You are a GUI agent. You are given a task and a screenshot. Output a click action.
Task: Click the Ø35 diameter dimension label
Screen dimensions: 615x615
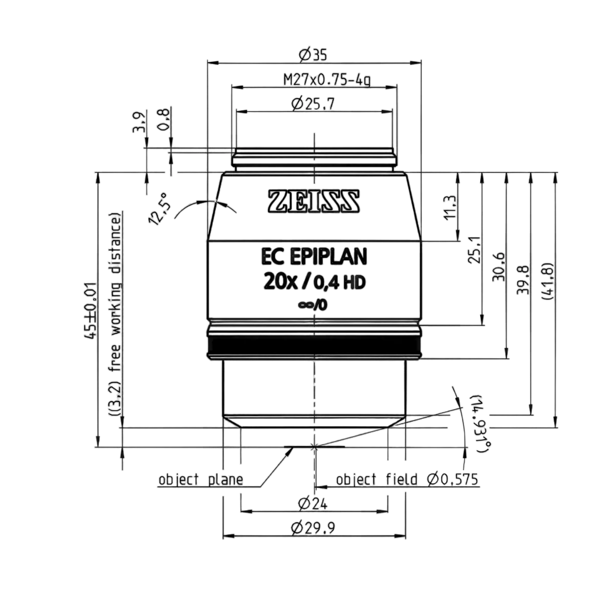(x=313, y=55)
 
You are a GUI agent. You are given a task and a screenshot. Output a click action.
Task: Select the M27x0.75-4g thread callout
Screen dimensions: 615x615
(x=327, y=80)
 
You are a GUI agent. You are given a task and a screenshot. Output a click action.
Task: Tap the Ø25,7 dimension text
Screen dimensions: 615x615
(x=313, y=104)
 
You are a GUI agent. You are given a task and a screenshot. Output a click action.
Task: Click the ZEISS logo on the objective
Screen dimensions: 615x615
(x=314, y=201)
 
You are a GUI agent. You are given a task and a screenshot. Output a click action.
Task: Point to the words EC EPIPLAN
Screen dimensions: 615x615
(x=314, y=256)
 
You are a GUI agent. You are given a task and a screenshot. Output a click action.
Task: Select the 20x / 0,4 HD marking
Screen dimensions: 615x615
(x=314, y=282)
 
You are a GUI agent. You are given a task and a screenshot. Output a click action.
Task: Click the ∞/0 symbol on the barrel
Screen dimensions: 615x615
(x=313, y=305)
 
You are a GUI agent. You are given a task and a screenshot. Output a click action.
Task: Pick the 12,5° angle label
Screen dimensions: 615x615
(x=158, y=209)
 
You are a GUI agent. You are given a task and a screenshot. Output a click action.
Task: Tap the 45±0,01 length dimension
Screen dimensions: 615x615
(x=90, y=311)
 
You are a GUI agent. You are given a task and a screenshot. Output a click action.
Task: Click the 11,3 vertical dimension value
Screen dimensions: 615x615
(x=450, y=208)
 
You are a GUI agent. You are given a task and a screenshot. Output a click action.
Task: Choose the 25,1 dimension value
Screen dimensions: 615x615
(x=475, y=250)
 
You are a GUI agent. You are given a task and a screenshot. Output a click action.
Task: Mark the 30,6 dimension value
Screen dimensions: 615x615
(x=499, y=267)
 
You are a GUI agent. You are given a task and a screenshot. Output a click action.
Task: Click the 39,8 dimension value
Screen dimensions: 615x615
(x=523, y=280)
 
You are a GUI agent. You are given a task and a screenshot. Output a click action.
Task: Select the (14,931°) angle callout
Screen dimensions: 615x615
(x=482, y=424)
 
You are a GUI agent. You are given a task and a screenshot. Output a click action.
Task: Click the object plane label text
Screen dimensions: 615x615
(x=201, y=480)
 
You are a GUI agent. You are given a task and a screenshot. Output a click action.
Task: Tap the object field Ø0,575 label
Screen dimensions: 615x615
(x=407, y=479)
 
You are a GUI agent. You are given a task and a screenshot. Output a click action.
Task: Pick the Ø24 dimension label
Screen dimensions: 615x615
(x=313, y=504)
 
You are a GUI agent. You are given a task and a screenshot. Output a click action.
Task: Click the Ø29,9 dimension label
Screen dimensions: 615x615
(x=313, y=528)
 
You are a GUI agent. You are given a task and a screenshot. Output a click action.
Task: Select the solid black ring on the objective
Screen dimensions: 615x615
(x=314, y=345)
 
